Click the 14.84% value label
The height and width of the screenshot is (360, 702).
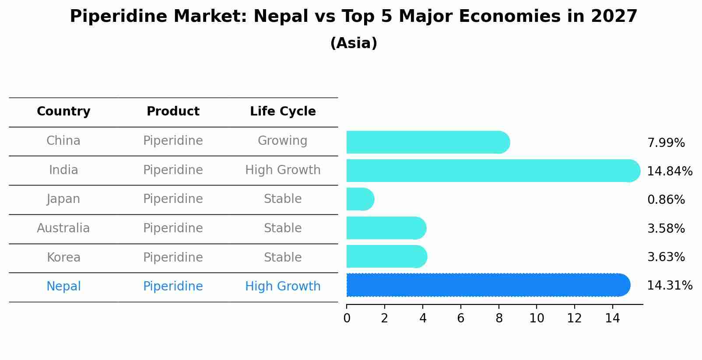click(669, 171)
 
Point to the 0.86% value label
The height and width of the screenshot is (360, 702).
click(666, 200)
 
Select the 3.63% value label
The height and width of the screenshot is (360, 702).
click(666, 257)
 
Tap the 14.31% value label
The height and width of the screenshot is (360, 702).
click(669, 286)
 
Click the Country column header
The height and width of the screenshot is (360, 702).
click(63, 112)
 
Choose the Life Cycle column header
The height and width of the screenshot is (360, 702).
click(283, 112)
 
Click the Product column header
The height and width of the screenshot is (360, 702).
click(173, 112)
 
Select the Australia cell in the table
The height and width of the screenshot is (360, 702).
click(63, 228)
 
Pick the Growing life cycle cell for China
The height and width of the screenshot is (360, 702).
click(283, 141)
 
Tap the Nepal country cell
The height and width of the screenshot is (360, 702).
click(63, 287)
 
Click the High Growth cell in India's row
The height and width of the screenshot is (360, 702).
click(283, 170)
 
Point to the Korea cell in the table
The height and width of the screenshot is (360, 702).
click(63, 258)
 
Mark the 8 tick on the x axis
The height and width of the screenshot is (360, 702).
click(498, 318)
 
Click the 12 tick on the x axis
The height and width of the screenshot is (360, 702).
click(574, 318)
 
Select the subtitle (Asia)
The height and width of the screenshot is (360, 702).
click(354, 43)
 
